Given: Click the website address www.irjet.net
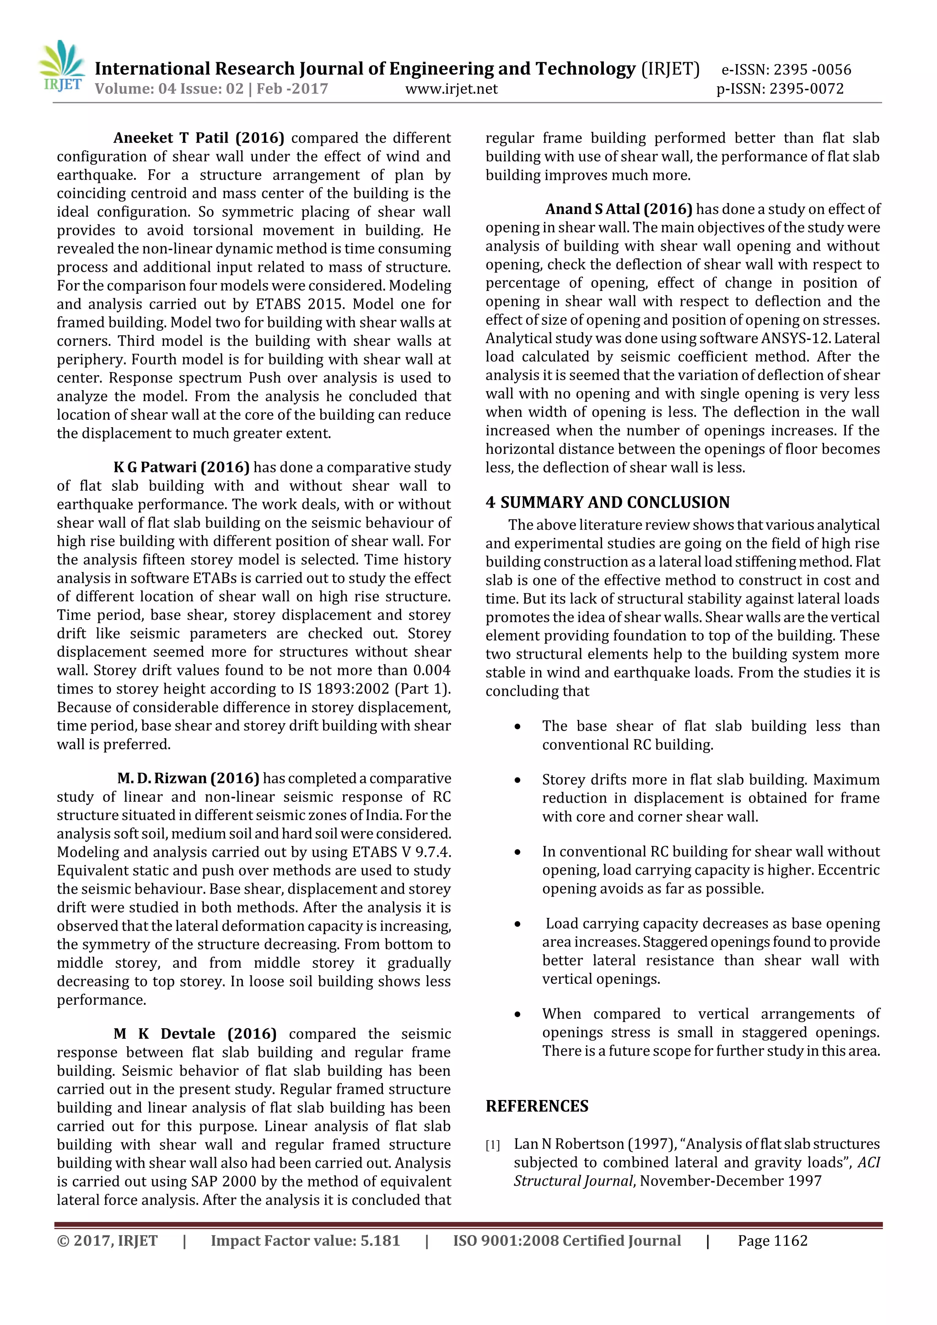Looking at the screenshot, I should [451, 89].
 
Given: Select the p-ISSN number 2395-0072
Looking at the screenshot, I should [807, 89].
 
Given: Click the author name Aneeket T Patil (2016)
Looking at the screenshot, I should [199, 138].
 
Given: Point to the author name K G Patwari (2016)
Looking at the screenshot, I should [181, 467].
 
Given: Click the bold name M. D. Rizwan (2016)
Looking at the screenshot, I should [188, 778].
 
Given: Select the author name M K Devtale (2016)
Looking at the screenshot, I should [194, 1034].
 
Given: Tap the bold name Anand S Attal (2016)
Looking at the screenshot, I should [618, 209].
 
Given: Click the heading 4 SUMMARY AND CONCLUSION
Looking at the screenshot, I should [607, 502].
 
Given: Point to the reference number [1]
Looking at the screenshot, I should [492, 1145].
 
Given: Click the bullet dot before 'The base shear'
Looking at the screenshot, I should [518, 727].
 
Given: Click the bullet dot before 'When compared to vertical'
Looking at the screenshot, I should [518, 1014].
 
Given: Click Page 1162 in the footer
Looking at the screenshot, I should [772, 1241].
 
